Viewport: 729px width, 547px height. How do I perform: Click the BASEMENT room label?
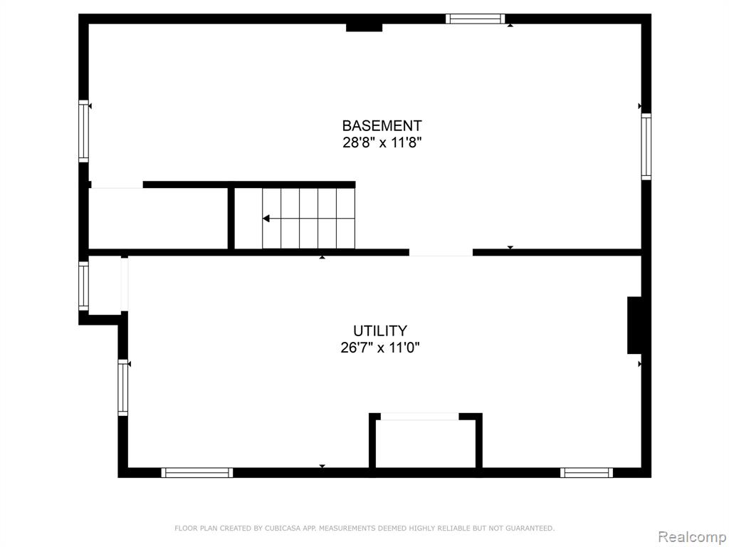(x=382, y=125)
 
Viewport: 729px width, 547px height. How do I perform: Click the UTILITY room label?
(x=380, y=330)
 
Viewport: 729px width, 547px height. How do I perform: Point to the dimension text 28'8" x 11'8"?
(x=382, y=142)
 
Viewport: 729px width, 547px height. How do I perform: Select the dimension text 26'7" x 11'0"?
(x=380, y=348)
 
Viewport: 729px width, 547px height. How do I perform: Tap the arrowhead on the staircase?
(x=266, y=219)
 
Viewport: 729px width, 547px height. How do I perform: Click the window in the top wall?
(x=475, y=19)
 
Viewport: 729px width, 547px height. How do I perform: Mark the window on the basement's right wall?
(x=646, y=147)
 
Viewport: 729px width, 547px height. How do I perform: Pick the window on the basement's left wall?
(x=83, y=131)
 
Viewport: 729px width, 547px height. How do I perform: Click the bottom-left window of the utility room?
(x=197, y=473)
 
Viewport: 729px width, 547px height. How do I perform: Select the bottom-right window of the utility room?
(x=587, y=473)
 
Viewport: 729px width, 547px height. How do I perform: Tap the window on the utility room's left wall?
(x=122, y=387)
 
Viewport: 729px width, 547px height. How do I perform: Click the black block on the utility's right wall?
(x=634, y=325)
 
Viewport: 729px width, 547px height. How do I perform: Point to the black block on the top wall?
(x=364, y=27)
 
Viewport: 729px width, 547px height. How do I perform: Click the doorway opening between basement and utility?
(x=441, y=253)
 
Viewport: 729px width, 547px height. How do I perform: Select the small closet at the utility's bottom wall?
(x=426, y=444)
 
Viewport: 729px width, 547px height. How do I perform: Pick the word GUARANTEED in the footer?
(x=530, y=528)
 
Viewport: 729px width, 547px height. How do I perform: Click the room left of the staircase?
(x=158, y=218)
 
